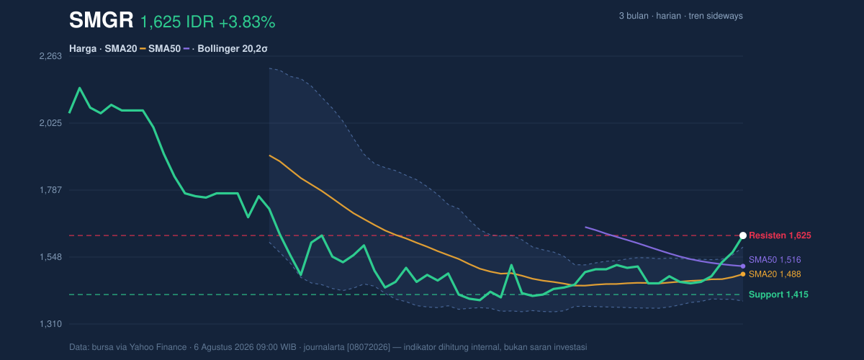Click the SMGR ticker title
pyautogui.click(x=101, y=20)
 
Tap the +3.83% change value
pyautogui.click(x=247, y=22)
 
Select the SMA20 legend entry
pyautogui.click(x=121, y=49)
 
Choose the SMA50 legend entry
pyautogui.click(x=164, y=49)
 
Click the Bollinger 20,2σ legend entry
pyautogui.click(x=232, y=49)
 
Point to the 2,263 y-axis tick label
pyautogui.click(x=50, y=56)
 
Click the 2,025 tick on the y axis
pyautogui.click(x=50, y=123)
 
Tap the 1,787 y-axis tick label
pyautogui.click(x=50, y=190)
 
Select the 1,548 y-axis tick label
pyautogui.click(x=50, y=257)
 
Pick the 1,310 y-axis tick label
pyautogui.click(x=50, y=324)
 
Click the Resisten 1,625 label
pyautogui.click(x=780, y=235)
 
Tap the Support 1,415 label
pyautogui.click(x=778, y=294)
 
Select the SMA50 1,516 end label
pyautogui.click(x=775, y=260)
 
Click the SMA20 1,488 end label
pyautogui.click(x=775, y=274)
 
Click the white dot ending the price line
pyautogui.click(x=743, y=235)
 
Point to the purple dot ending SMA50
pyautogui.click(x=743, y=266)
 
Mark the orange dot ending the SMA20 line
pyautogui.click(x=743, y=274)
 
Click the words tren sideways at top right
pyautogui.click(x=716, y=16)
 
